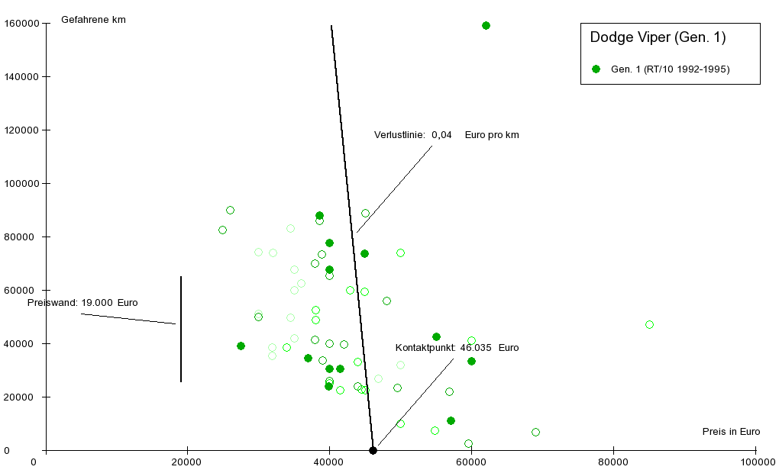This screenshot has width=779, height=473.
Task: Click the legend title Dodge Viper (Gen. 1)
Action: pyautogui.click(x=658, y=37)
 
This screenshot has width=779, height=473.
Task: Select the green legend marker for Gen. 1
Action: pyautogui.click(x=596, y=69)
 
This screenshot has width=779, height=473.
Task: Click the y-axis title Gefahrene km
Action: pyautogui.click(x=93, y=20)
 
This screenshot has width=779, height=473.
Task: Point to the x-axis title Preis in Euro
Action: pyautogui.click(x=731, y=432)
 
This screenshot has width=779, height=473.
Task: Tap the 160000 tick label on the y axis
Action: pyautogui.click(x=22, y=23)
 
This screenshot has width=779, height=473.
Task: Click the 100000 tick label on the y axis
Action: pyautogui.click(x=22, y=183)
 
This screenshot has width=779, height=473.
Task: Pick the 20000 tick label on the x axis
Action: pyautogui.click(x=187, y=462)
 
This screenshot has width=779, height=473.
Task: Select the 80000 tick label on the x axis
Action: pyautogui.click(x=613, y=462)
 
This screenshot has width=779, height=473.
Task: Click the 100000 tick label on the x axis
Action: pyautogui.click(x=755, y=462)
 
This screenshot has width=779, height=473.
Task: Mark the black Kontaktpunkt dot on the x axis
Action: pyautogui.click(x=373, y=450)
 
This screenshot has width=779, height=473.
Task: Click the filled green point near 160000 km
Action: pyautogui.click(x=486, y=25)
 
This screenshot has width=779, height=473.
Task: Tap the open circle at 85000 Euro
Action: pyautogui.click(x=649, y=324)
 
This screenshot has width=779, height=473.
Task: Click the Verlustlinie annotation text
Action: pyautogui.click(x=446, y=135)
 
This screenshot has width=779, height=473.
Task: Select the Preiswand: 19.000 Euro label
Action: pyautogui.click(x=82, y=303)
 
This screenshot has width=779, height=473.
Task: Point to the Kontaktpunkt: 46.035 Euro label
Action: pyautogui.click(x=457, y=348)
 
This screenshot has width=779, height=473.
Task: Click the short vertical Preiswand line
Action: pyautogui.click(x=181, y=328)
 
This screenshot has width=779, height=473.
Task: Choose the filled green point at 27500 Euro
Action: pyautogui.click(x=241, y=346)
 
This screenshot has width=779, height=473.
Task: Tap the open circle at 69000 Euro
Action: pyautogui.click(x=535, y=432)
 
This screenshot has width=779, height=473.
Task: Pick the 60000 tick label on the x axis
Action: pyautogui.click(x=471, y=462)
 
